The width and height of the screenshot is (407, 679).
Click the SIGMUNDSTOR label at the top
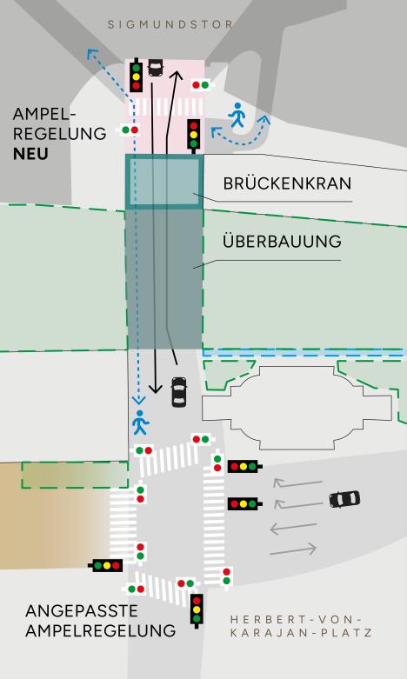[170, 24]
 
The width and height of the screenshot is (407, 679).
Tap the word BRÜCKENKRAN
[287, 183]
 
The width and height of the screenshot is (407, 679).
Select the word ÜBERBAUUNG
[282, 241]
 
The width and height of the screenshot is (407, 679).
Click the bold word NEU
[30, 154]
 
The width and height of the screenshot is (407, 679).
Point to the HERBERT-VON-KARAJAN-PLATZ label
[301, 626]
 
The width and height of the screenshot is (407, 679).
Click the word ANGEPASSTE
[82, 611]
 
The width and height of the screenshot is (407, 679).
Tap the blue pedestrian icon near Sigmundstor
[237, 115]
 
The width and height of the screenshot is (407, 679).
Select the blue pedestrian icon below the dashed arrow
[140, 423]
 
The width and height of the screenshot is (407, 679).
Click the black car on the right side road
[344, 499]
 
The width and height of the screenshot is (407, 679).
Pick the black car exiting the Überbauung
[179, 392]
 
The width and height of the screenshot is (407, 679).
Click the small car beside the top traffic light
[156, 67]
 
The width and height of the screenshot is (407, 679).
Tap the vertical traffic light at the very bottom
[197, 610]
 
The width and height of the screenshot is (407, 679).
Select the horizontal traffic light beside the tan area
[106, 565]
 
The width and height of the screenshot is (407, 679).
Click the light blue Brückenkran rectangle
[164, 182]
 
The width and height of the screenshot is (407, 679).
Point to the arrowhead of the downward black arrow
[155, 388]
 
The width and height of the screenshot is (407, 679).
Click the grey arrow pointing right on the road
[293, 550]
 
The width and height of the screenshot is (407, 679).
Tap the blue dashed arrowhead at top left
[91, 54]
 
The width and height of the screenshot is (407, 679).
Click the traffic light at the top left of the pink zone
[136, 76]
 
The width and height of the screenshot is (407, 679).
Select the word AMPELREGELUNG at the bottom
[101, 630]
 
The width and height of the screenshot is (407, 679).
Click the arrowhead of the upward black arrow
[177, 76]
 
